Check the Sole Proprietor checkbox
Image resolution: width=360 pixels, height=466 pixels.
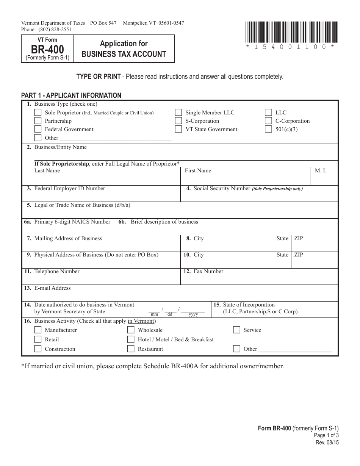(38, 113)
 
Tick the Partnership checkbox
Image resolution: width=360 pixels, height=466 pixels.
(38, 121)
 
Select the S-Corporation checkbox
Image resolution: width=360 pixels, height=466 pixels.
(178, 121)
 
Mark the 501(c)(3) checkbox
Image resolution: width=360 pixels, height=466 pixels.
(268, 129)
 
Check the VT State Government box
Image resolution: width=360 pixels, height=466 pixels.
(178, 129)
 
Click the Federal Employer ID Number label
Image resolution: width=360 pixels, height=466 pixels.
(69, 188)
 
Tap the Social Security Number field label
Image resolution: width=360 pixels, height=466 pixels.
(222, 188)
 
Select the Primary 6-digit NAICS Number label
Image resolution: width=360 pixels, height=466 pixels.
(72, 222)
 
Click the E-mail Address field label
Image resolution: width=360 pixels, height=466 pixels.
(52, 288)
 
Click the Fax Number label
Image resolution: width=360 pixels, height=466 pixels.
(208, 271)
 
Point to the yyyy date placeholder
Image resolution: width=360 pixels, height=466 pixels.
(193, 314)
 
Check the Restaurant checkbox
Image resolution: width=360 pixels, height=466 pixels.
(131, 349)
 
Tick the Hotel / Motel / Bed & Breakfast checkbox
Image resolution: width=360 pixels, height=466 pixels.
(131, 339)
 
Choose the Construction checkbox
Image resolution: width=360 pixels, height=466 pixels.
(38, 349)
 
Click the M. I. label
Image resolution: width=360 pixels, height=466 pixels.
(320, 170)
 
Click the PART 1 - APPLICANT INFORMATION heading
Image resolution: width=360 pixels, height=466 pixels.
(71, 95)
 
